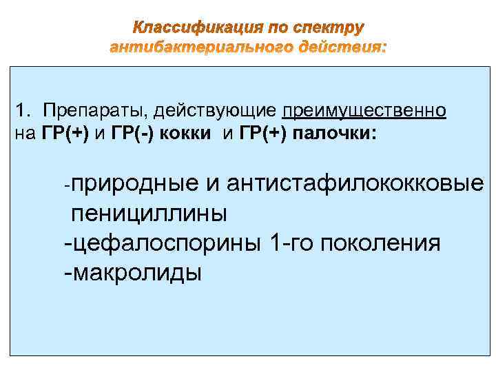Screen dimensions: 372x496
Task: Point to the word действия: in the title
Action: pyautogui.click(x=343, y=48)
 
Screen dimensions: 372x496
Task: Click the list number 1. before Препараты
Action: pyautogui.click(x=25, y=110)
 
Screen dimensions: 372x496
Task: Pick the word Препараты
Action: pyautogui.click(x=95, y=110)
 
